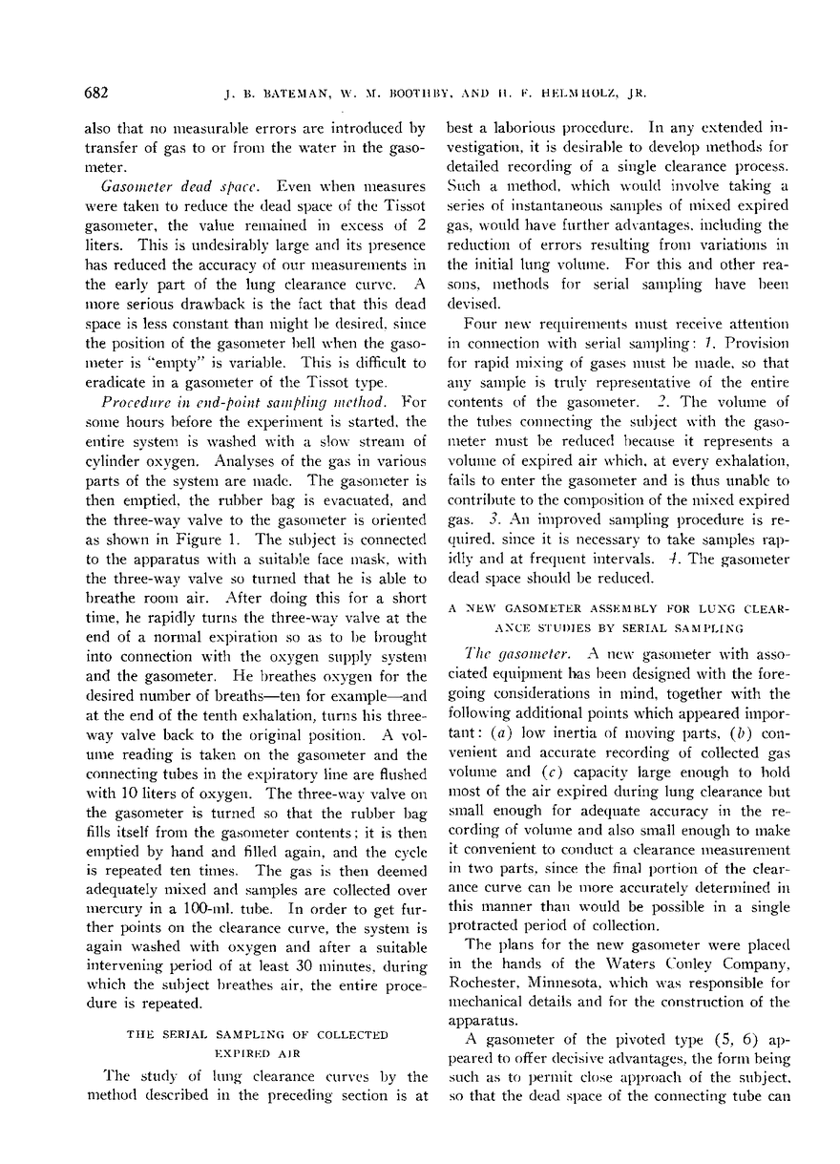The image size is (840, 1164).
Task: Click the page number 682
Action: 96,93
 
